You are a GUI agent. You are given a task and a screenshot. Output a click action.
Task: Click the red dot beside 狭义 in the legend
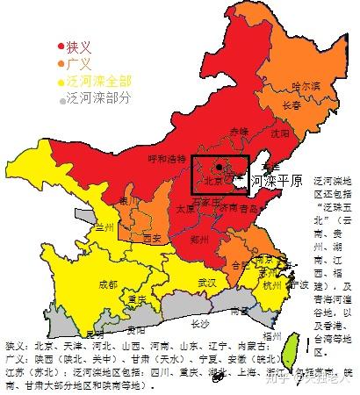pos(61,47)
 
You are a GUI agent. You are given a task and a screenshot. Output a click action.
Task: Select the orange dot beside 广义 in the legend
pos(61,63)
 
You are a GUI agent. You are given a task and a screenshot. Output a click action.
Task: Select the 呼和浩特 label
pos(169,159)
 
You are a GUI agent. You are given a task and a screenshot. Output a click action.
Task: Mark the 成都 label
pos(108,284)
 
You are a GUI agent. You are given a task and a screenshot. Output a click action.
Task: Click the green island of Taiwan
pos(286,353)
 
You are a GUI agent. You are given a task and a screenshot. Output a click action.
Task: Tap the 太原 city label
pos(184,211)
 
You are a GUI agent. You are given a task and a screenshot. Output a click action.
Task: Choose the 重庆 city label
pos(136,299)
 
